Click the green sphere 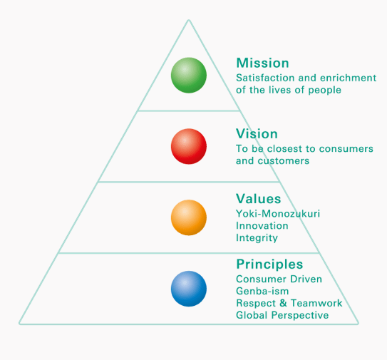(189, 76)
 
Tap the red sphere (189, 146)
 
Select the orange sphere (189, 217)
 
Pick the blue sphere (189, 289)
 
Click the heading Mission (262, 63)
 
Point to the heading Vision (257, 134)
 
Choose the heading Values (259, 199)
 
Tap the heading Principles (269, 264)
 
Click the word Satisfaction (265, 78)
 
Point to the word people (325, 90)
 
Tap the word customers (284, 161)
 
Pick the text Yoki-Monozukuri (278, 214)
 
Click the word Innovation (262, 226)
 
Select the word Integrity (257, 238)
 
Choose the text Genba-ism (262, 291)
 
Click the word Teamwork (316, 303)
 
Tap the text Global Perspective (282, 315)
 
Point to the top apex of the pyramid (189, 20)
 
